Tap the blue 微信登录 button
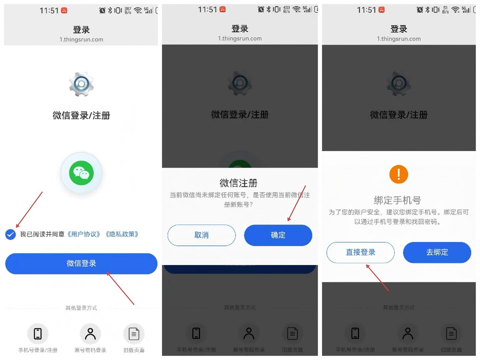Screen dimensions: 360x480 click(81, 264)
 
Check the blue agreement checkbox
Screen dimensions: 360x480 click(11, 235)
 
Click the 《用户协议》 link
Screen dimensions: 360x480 click(84, 234)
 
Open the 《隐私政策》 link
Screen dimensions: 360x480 click(122, 234)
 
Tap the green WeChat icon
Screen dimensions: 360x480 click(81, 173)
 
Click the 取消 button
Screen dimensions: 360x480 click(201, 235)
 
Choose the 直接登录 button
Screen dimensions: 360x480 click(360, 252)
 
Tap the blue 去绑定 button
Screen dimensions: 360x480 click(437, 252)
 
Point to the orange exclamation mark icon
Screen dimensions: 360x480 click(399, 174)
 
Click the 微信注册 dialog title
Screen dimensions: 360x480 click(239, 183)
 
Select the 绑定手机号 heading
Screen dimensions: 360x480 click(397, 200)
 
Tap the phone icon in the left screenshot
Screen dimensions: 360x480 click(38, 334)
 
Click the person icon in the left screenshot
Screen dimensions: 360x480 click(90, 334)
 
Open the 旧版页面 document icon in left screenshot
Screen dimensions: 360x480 click(134, 334)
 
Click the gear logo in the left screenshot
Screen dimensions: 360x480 click(81, 84)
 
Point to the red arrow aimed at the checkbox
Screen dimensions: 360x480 click(29, 210)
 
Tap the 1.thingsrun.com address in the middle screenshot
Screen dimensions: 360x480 click(240, 38)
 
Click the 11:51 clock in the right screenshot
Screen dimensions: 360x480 click(366, 10)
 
